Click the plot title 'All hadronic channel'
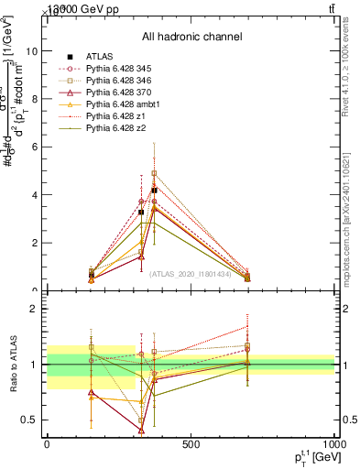click(x=191, y=37)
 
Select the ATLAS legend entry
click(x=99, y=57)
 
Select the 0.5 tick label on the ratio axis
click(x=30, y=420)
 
